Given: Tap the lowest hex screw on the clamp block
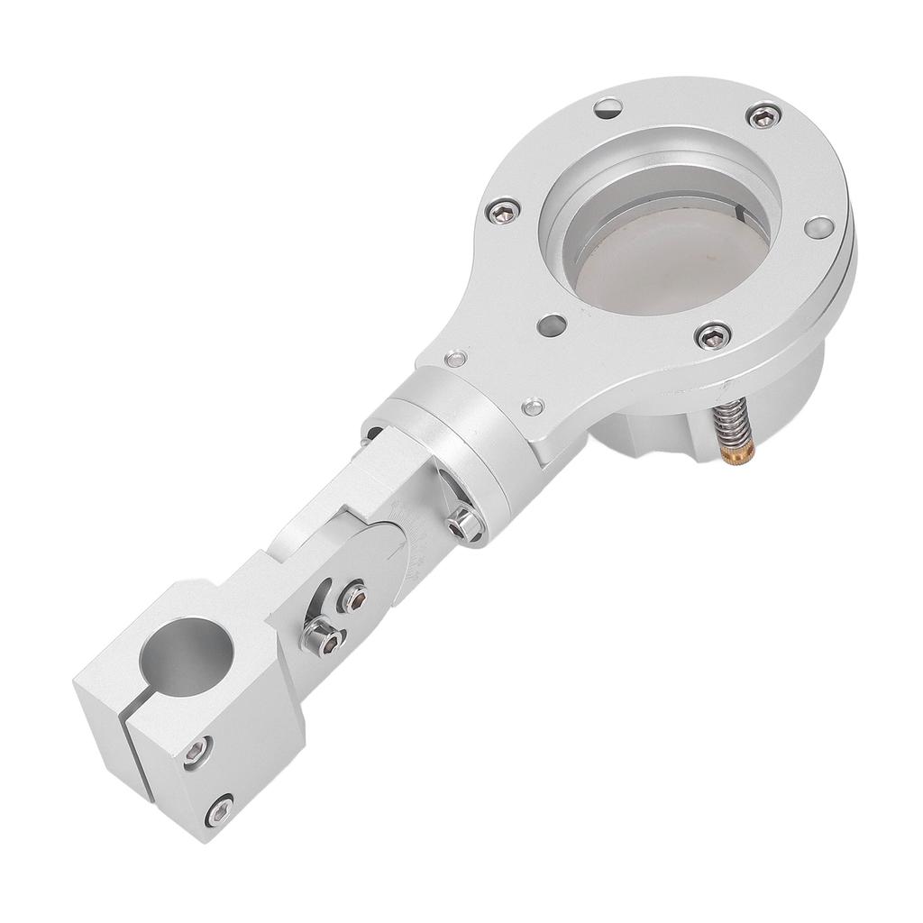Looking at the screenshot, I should pyautogui.click(x=218, y=810).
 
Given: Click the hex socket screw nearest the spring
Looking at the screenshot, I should pyautogui.click(x=713, y=335).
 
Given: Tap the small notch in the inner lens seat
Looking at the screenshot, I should pyautogui.click(x=747, y=214).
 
